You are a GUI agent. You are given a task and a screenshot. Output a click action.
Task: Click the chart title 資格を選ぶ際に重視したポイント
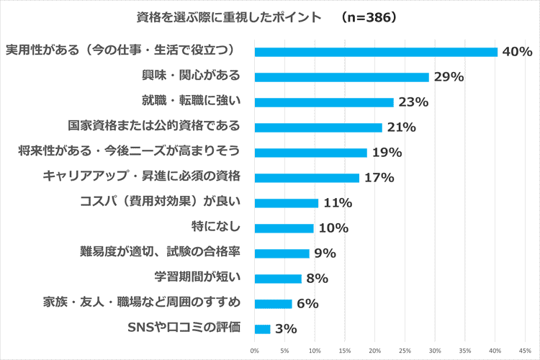tap(219, 17)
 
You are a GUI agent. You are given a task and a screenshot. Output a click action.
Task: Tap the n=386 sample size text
tap(370, 17)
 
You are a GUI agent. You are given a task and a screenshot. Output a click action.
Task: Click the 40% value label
tap(517, 52)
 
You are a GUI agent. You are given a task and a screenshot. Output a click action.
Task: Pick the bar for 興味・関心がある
tap(341, 77)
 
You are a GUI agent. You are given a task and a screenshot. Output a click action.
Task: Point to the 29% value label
tap(448, 77)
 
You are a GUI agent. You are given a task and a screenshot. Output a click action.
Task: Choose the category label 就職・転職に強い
tap(191, 102)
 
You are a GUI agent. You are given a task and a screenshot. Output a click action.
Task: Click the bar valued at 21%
tap(318, 127)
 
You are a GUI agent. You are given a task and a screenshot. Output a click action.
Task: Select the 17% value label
tap(378, 178)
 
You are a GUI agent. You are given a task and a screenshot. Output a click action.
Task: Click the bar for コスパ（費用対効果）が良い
tap(286, 203)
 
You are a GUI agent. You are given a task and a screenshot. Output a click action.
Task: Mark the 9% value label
tap(324, 253)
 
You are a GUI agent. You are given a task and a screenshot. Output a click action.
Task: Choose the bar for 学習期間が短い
tap(278, 279)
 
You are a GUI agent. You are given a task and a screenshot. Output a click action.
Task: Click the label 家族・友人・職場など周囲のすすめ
tap(141, 303)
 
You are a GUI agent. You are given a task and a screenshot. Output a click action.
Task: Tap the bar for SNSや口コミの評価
tap(262, 329)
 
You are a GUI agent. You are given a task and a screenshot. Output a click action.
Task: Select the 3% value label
tap(285, 329)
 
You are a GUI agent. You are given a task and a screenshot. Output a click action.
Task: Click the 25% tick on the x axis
tap(405, 351)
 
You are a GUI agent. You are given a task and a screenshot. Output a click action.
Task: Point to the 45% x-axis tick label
tap(525, 351)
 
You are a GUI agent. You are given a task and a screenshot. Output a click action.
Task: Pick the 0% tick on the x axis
tap(254, 351)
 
